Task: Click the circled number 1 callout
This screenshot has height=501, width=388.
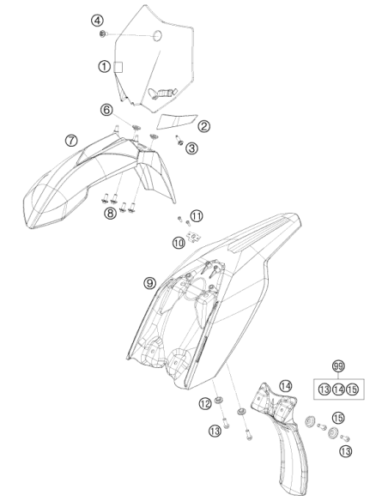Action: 104,67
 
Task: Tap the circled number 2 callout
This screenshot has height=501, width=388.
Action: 203,126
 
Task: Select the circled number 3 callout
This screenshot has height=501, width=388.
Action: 191,148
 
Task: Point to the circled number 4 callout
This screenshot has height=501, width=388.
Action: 97,21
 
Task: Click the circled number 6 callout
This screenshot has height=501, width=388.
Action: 106,110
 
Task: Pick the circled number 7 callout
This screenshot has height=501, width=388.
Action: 71,141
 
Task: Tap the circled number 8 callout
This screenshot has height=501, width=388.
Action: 110,213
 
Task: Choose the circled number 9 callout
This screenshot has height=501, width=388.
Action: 149,283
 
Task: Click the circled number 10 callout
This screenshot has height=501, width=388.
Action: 179,243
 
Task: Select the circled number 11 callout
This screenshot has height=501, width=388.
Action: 197,216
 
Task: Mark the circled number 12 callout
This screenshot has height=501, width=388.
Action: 205,404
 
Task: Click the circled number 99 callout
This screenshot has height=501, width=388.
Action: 338,365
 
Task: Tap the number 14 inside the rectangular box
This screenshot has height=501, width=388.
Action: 338,389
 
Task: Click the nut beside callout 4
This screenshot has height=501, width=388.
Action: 103,33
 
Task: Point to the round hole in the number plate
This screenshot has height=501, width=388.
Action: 157,36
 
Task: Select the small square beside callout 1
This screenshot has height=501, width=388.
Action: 118,67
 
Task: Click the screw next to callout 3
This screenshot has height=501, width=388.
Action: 179,140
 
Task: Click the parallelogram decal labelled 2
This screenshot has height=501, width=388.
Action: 178,121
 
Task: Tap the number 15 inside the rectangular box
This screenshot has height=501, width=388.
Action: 352,389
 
